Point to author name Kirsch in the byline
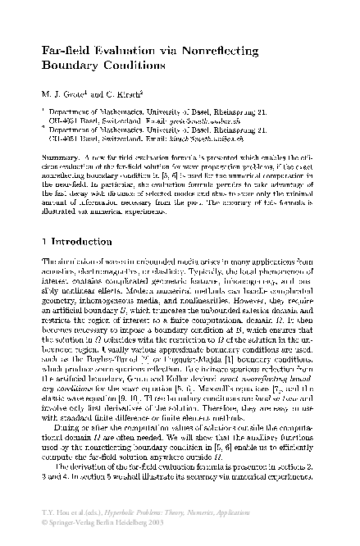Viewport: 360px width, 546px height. click(x=125, y=93)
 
